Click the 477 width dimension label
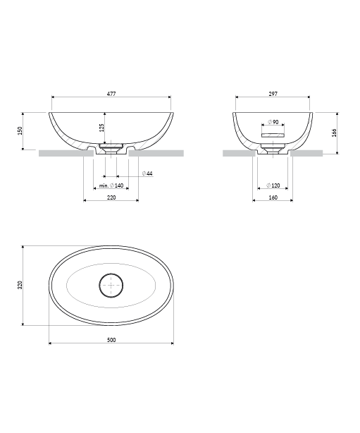point(111,94)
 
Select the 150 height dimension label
point(20,131)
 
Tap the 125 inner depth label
point(101,128)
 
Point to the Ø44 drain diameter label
point(147,173)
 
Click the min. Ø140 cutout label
point(111,185)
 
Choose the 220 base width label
point(111,197)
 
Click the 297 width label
point(273,94)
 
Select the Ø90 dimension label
point(273,122)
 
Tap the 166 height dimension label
point(335,133)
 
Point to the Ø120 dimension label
point(273,185)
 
